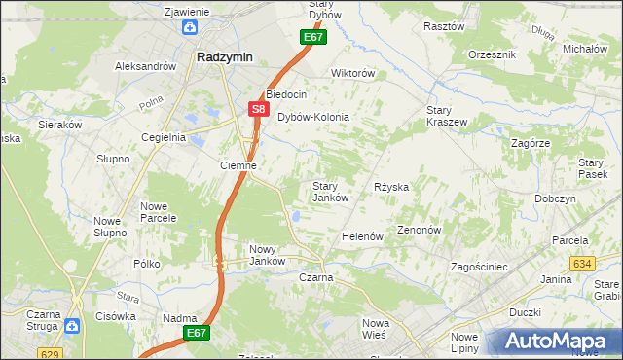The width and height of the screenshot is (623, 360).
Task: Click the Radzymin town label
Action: [x=225, y=56]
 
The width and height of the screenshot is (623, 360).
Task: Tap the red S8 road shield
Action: [x=258, y=110]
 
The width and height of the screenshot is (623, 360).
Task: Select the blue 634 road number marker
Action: [x=583, y=264]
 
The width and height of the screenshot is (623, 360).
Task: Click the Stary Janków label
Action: [x=330, y=192]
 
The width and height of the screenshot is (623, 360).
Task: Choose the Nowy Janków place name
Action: [x=267, y=255]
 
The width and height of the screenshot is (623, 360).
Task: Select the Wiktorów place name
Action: [x=353, y=73]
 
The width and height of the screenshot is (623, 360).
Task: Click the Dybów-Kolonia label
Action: [x=313, y=117]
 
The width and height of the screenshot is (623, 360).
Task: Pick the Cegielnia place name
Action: [x=164, y=137]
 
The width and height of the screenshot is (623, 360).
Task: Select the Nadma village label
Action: [x=181, y=318]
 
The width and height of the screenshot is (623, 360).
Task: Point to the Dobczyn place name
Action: [x=555, y=198]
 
